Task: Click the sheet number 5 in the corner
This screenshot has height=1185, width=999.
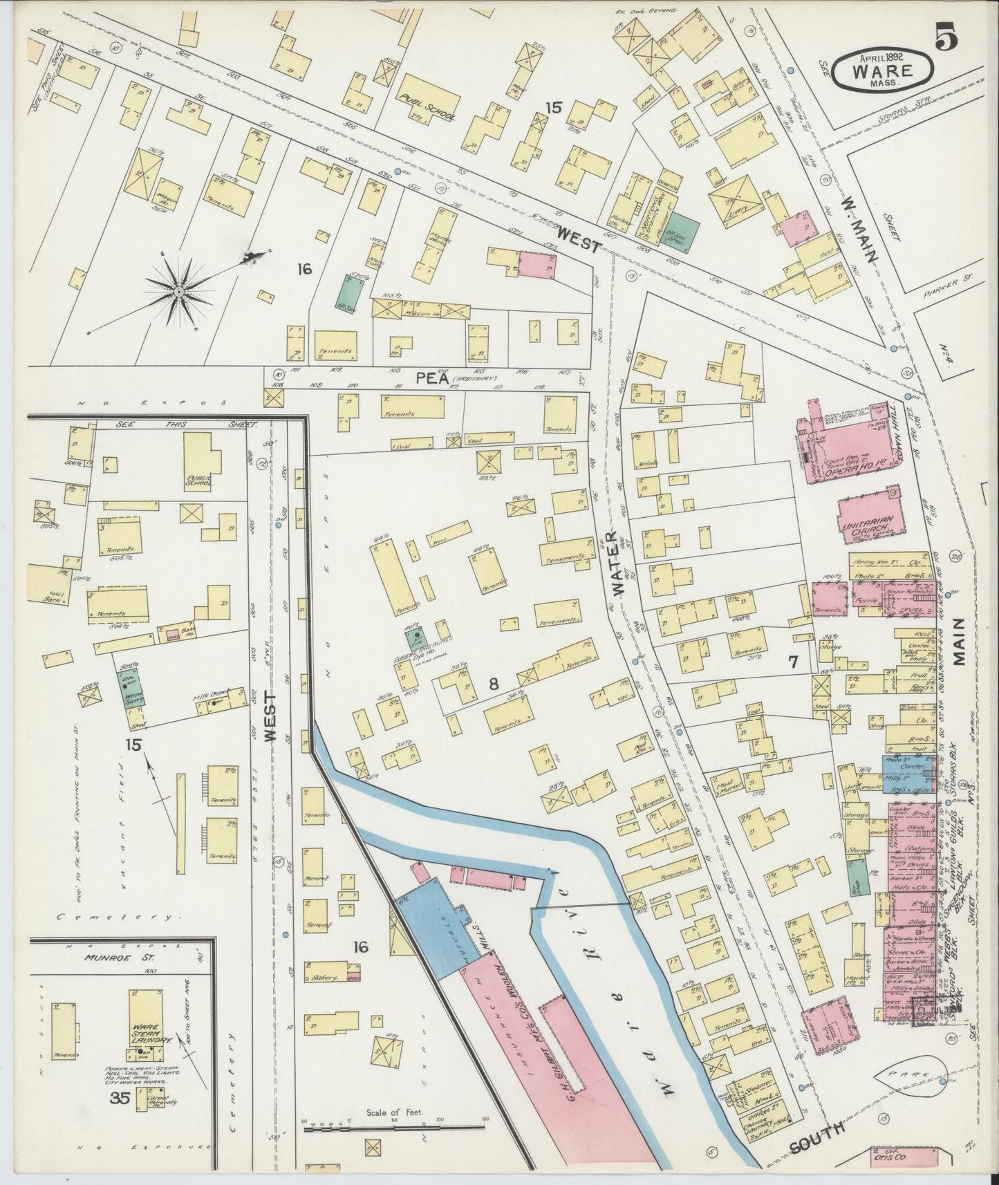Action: pos(947,39)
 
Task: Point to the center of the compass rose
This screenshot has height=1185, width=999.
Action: pos(179,293)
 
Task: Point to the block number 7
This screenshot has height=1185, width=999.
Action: pos(794,661)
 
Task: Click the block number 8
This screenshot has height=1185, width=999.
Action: pos(494,684)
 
